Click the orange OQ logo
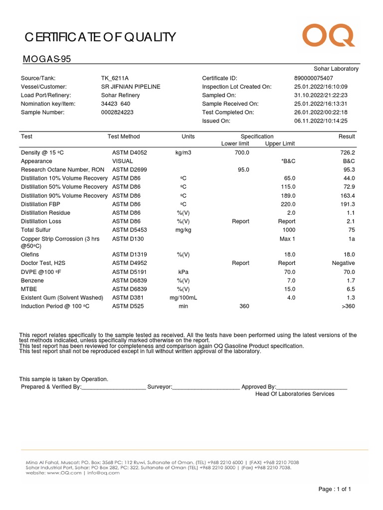(329, 36)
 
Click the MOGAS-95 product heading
(47, 60)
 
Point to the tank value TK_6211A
(115, 78)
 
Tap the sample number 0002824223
(117, 113)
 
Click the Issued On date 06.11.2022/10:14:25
(321, 121)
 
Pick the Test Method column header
(124, 136)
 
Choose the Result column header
(346, 136)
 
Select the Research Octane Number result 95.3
(348, 169)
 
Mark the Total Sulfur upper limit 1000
(289, 230)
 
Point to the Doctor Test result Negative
(344, 263)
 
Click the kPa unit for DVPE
(183, 272)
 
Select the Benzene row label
(32, 280)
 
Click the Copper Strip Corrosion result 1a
(351, 239)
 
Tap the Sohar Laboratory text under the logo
(336, 69)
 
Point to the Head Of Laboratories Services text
(295, 394)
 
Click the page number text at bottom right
(335, 489)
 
